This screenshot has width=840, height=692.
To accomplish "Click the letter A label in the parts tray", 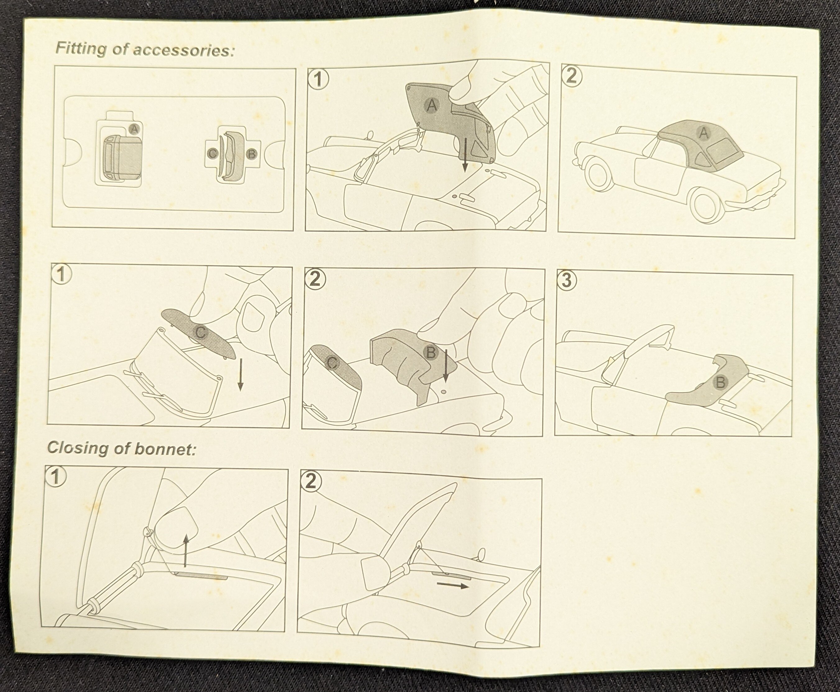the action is tap(134, 129).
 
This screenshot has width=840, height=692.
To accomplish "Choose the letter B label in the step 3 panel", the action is tap(720, 383).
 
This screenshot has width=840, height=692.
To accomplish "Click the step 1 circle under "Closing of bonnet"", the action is tap(55, 477).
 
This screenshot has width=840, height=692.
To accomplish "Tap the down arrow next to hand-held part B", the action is tap(445, 365).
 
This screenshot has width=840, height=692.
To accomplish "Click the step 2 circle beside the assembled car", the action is tap(571, 76).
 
